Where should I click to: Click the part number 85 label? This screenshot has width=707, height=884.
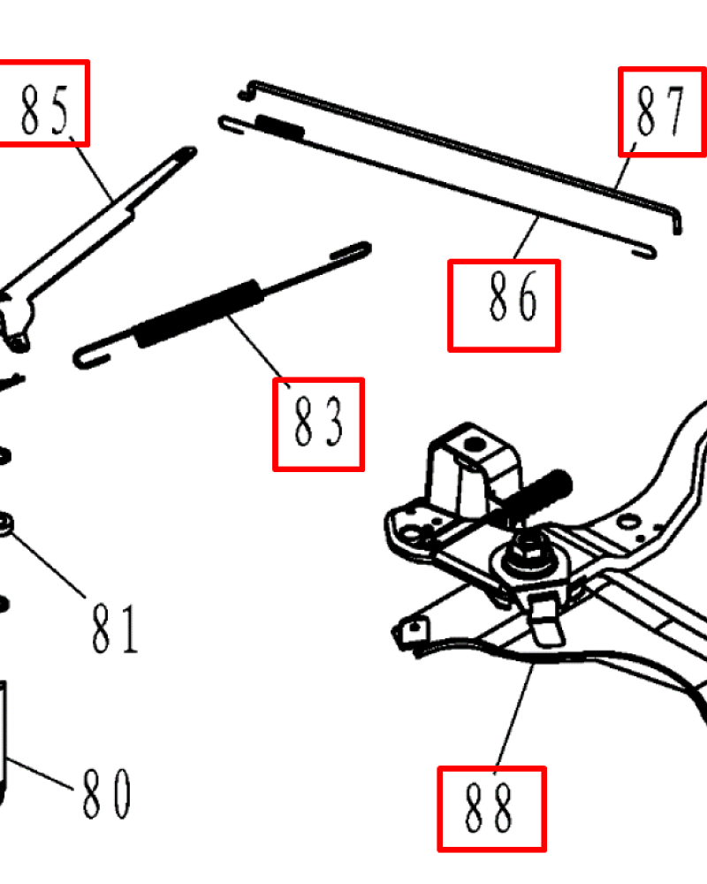click(x=44, y=110)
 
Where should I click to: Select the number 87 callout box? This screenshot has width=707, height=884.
click(x=662, y=111)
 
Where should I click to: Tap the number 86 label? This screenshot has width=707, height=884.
click(x=513, y=296)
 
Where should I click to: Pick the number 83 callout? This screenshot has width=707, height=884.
click(x=318, y=424)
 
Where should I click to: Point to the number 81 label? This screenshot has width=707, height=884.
click(x=115, y=629)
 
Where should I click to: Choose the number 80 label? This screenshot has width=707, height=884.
click(x=107, y=794)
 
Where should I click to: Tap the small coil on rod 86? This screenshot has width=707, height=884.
click(x=280, y=126)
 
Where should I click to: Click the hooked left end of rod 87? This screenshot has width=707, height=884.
click(x=247, y=90)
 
